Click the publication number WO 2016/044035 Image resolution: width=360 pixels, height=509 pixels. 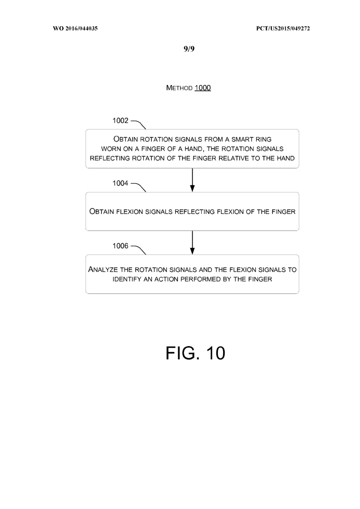(x=75, y=29)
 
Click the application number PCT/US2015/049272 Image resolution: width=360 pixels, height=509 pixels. (x=283, y=29)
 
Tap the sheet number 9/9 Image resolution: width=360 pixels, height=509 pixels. (x=189, y=49)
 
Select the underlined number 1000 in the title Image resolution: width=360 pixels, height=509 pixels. (x=203, y=88)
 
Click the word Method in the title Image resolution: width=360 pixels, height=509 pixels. (x=180, y=88)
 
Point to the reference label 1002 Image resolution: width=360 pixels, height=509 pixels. (x=120, y=121)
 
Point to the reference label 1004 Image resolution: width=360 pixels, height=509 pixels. (x=120, y=183)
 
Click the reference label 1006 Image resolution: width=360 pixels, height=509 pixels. (x=120, y=246)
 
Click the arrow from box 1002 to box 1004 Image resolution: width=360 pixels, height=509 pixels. (x=192, y=180)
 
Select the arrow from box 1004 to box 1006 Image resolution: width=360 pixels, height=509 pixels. (x=192, y=243)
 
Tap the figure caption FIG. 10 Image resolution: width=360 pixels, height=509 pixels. (x=195, y=353)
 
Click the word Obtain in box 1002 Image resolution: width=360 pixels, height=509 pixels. (x=126, y=139)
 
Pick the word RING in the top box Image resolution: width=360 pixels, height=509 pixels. (x=264, y=139)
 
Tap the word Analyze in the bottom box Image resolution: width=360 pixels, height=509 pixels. (x=103, y=269)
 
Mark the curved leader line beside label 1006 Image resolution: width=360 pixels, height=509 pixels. (x=139, y=248)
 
